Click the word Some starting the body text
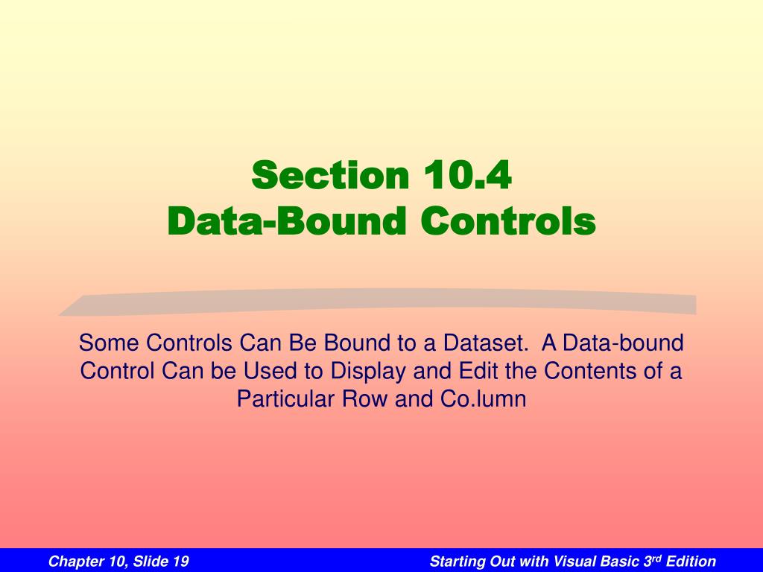tap(110, 343)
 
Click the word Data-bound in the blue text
tap(623, 343)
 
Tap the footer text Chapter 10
tap(83, 561)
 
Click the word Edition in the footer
tap(691, 561)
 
